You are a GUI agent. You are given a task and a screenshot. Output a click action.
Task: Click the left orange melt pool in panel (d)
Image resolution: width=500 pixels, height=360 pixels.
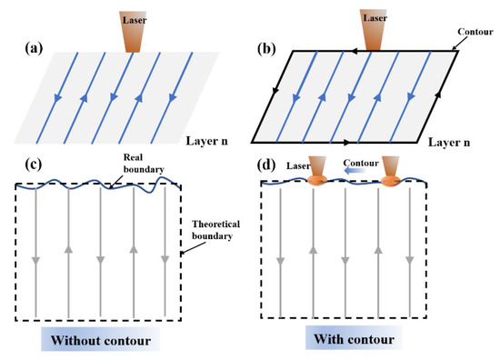tap(315, 182)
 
